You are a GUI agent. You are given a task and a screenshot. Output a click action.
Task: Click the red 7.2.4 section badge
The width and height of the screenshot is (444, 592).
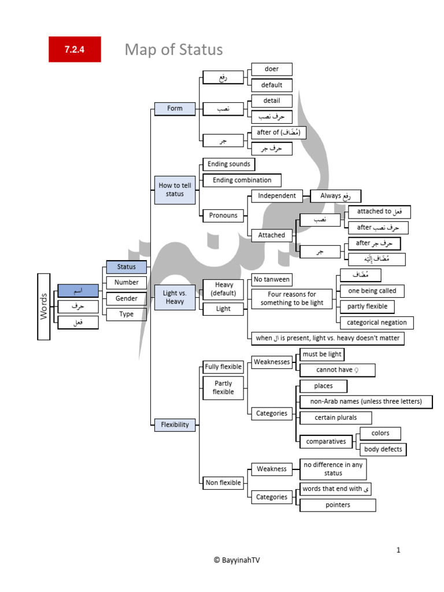(x=75, y=50)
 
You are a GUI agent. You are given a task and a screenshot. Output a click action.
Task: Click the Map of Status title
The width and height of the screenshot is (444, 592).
(x=173, y=50)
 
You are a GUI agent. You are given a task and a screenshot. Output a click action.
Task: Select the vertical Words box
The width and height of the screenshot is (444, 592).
(x=44, y=306)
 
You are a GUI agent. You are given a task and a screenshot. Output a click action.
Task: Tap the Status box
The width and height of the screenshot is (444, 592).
(x=126, y=267)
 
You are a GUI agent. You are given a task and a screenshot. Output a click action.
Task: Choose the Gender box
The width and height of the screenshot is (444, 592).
(x=126, y=298)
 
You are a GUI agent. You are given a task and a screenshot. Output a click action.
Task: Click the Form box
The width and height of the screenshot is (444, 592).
(x=175, y=108)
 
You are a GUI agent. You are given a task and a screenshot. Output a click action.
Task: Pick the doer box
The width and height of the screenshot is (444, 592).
(x=271, y=69)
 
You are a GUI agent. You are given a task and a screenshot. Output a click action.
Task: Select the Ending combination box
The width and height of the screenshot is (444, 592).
(x=242, y=180)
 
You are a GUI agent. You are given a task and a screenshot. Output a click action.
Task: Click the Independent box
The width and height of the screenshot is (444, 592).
(x=277, y=196)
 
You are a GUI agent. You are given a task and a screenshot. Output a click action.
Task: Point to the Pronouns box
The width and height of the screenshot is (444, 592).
(x=223, y=216)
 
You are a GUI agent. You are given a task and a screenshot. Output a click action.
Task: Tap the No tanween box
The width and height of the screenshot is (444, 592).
(x=271, y=280)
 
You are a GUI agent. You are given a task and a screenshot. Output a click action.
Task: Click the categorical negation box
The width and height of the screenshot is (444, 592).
(x=376, y=323)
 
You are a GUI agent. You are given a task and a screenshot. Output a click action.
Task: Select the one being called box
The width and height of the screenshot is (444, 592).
(x=372, y=291)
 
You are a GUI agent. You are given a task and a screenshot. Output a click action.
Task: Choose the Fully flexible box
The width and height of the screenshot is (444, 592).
(x=223, y=367)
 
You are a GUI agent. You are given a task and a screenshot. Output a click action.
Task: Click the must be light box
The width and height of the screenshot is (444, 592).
(x=322, y=354)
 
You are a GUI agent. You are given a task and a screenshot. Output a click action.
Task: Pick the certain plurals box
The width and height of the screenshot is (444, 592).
(x=335, y=417)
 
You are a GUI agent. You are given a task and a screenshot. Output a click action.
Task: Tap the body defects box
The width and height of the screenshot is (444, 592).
(x=383, y=449)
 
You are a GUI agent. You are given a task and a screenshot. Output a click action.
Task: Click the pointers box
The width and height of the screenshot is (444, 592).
(x=338, y=505)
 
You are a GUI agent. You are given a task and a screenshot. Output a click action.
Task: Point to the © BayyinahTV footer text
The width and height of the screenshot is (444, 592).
(x=240, y=560)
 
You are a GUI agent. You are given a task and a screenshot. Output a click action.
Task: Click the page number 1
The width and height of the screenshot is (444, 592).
(x=398, y=550)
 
